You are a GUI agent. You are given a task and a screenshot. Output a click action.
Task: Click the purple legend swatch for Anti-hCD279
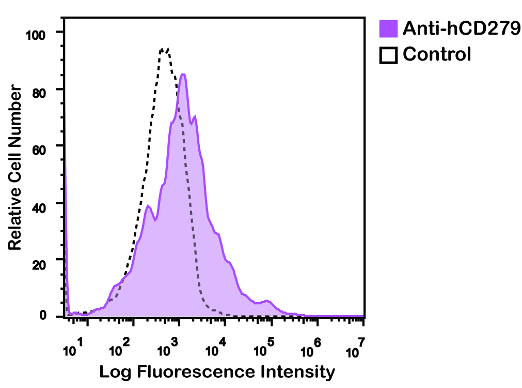(x=388, y=28)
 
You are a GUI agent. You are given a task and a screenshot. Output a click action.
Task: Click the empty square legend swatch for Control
(x=388, y=54)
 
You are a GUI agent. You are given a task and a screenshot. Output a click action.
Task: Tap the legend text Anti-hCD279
(x=461, y=28)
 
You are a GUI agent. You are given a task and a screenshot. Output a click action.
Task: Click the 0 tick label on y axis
(x=43, y=316)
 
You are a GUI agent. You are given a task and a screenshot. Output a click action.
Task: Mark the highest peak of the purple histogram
(x=182, y=74)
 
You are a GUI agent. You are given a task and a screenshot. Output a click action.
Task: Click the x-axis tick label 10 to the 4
(x=215, y=348)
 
